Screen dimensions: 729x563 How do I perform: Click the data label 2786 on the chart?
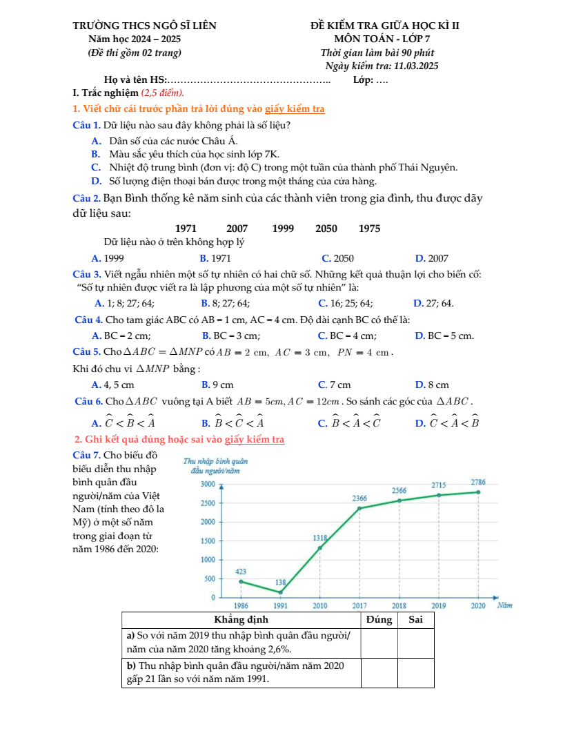click(478, 481)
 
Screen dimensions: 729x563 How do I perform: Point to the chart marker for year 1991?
click(281, 592)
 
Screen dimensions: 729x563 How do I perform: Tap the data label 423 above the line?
click(241, 572)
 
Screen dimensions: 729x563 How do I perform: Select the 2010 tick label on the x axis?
click(319, 605)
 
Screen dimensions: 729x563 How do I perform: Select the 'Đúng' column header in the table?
click(379, 619)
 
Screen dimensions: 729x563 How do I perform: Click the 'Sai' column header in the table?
click(415, 619)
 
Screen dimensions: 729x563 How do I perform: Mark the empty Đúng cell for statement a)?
click(379, 642)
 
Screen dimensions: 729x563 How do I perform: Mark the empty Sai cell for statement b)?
click(415, 672)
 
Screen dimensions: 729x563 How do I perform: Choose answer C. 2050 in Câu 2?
click(337, 258)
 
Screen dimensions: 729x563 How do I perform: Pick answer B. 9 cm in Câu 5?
click(217, 384)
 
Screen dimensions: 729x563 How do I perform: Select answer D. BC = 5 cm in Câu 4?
click(444, 336)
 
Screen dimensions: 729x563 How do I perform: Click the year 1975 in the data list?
click(369, 229)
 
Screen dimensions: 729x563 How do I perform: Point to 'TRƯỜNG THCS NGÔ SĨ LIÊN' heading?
click(144, 26)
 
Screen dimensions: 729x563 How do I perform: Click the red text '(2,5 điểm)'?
click(162, 93)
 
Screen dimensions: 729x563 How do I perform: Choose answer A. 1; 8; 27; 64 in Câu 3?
click(124, 302)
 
